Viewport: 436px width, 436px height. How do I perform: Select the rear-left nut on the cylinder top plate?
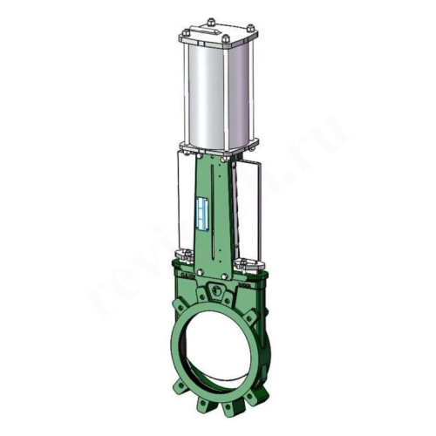coord(209,20)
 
